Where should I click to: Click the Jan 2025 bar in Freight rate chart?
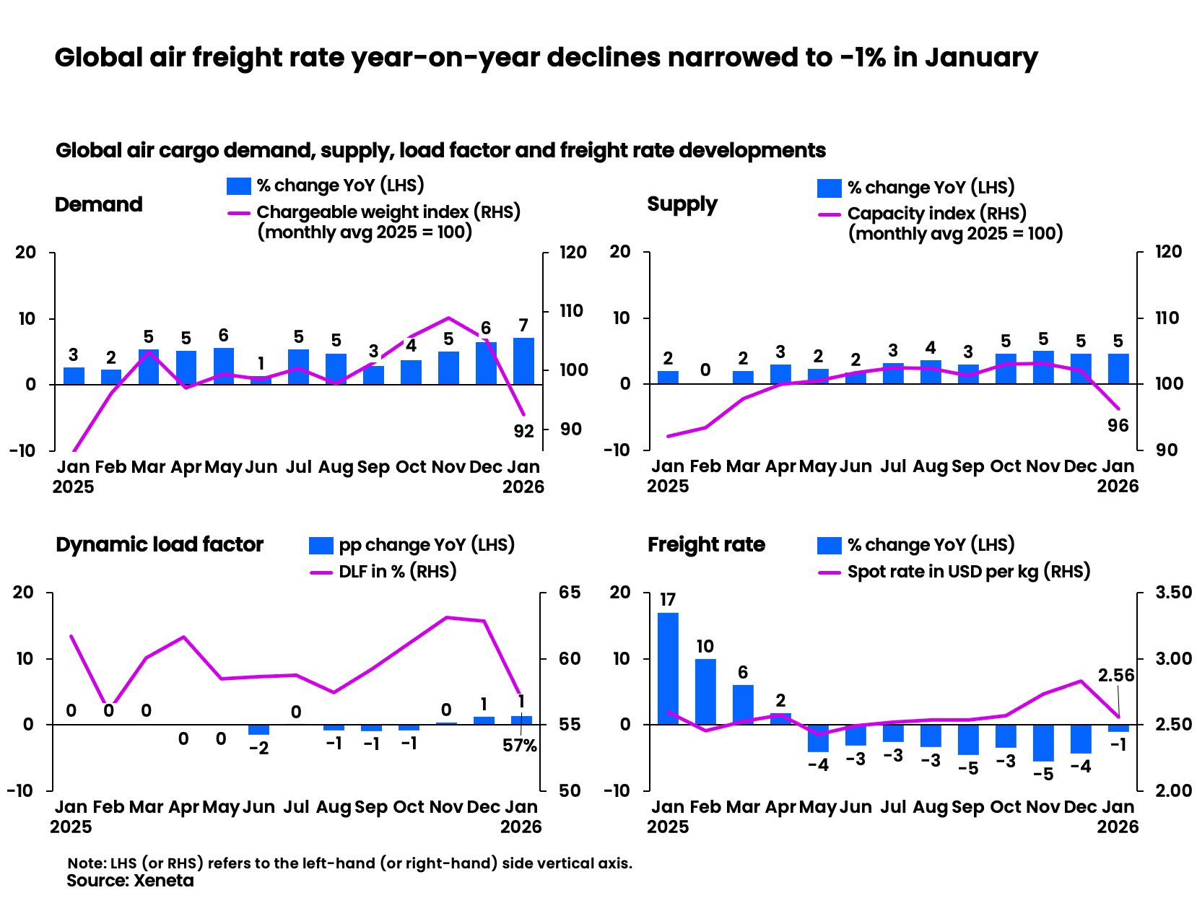pos(668,668)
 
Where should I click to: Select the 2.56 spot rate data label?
pos(1115,676)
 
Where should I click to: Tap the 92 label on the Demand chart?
pos(523,431)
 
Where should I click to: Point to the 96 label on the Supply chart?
pos(1118,426)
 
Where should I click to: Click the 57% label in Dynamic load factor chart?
pos(520,746)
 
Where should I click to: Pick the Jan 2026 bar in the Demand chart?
pos(523,361)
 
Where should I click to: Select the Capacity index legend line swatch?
pos(830,214)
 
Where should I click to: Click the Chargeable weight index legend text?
pos(388,212)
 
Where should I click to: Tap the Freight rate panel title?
pos(706,544)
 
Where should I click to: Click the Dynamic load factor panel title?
pos(160,544)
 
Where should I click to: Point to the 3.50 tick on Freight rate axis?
pos(1173,593)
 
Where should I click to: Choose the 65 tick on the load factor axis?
pos(570,593)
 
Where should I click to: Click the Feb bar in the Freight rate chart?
pos(705,692)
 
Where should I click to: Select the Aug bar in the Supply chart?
pos(931,372)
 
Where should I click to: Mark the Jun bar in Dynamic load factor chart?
pos(258,730)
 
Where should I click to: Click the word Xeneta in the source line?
pos(164,881)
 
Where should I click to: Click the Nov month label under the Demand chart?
pos(448,467)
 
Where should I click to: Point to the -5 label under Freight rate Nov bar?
pos(1043,775)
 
